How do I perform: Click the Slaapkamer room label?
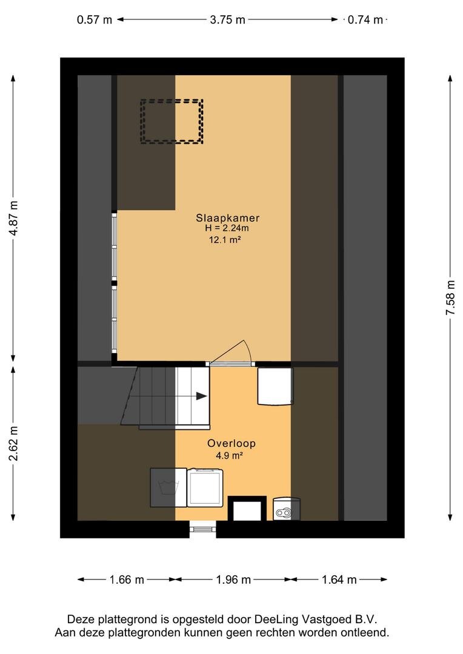[x=227, y=218]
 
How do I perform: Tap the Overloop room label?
[x=232, y=443]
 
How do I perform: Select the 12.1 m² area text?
[x=225, y=240]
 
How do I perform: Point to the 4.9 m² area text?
[x=229, y=455]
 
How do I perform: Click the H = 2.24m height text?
[x=227, y=228]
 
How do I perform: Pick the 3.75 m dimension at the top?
[x=227, y=19]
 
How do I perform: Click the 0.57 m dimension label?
[x=95, y=19]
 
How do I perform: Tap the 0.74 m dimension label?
[x=365, y=19]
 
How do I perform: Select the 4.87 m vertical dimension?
[x=14, y=218]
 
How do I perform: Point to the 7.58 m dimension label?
[x=450, y=298]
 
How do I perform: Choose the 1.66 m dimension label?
[x=127, y=580]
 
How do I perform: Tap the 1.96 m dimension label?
[x=233, y=580]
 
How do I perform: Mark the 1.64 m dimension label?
[x=339, y=580]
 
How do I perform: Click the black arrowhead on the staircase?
[x=202, y=396]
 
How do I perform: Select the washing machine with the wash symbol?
[x=168, y=487]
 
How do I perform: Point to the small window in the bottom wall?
[x=203, y=529]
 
